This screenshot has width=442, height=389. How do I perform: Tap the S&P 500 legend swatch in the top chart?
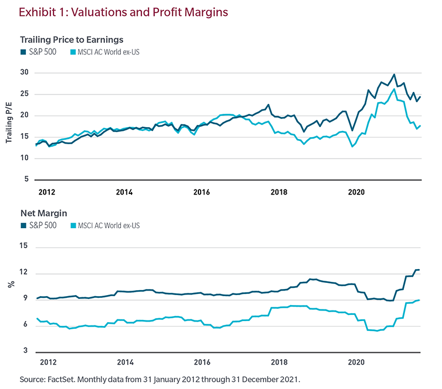click(x=23, y=52)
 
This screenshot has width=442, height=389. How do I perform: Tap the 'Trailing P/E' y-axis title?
click(x=9, y=126)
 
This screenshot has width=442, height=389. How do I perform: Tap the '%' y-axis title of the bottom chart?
click(x=9, y=285)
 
